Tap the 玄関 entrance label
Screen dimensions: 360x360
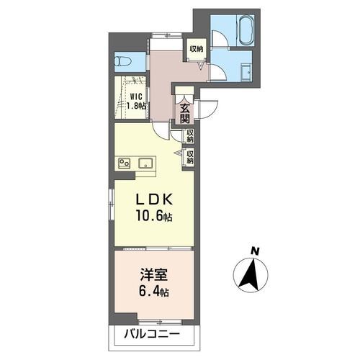pyautogui.click(x=184, y=114)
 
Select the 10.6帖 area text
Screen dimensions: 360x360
pyautogui.click(x=153, y=216)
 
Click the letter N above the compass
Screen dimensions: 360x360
pyautogui.click(x=253, y=251)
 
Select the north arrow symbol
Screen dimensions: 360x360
pyautogui.click(x=251, y=275)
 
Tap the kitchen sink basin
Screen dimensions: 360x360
pyautogui.click(x=143, y=162)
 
